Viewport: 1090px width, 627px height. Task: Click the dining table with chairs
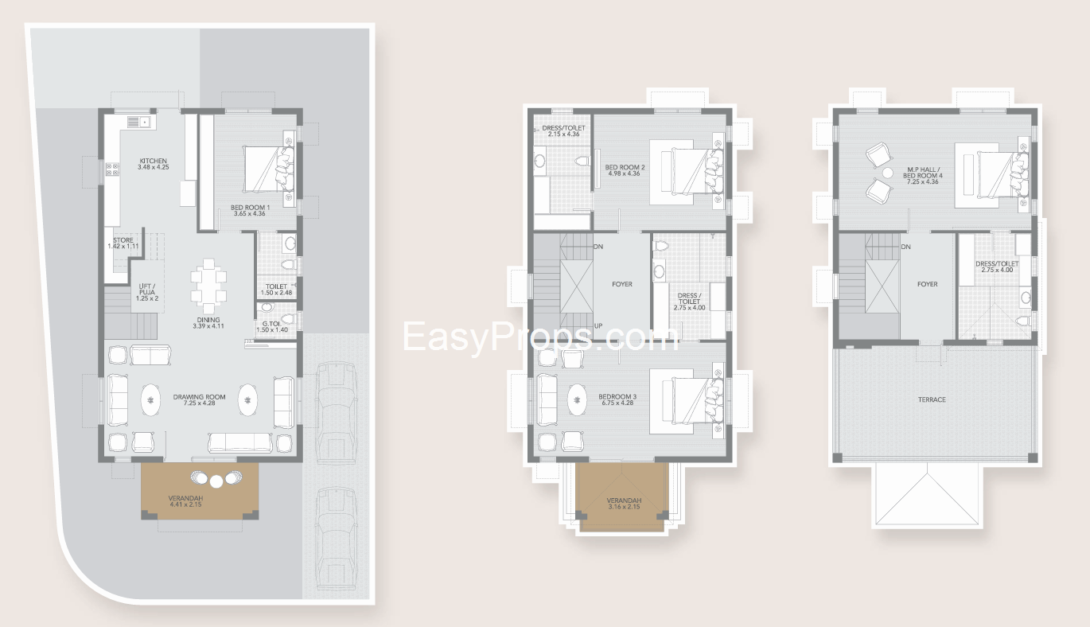coord(208,286)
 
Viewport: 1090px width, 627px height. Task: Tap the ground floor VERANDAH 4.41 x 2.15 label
coord(185,501)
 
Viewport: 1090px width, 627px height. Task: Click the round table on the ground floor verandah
coord(216,481)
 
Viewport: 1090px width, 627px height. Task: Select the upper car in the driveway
coord(337,413)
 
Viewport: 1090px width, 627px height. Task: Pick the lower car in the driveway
coord(337,538)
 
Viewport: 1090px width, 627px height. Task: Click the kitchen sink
coord(138,121)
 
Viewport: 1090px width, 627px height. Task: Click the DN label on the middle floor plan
coord(598,247)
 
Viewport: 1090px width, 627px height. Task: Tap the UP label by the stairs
coord(598,325)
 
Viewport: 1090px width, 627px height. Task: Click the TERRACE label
coord(932,399)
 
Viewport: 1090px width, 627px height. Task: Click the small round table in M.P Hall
coord(888,173)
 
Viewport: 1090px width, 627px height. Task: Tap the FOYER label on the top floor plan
coord(927,284)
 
